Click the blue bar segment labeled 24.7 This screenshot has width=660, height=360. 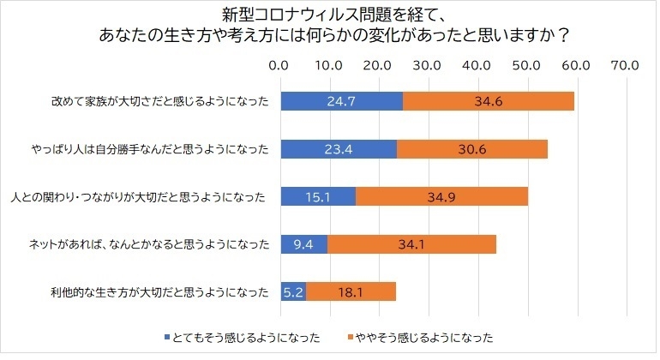tap(341, 101)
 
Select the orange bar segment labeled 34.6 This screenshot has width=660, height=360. tap(488, 101)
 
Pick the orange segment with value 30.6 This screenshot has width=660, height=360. tap(472, 149)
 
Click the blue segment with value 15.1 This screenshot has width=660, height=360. tap(318, 197)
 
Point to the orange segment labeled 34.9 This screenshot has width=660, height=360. tap(441, 197)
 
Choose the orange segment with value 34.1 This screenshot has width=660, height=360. tap(411, 244)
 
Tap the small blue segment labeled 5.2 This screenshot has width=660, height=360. tap(293, 292)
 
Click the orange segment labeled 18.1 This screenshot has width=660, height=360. tap(351, 292)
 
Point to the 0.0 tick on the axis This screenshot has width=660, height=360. tap(280, 64)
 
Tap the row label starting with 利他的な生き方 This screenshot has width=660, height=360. tap(159, 292)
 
